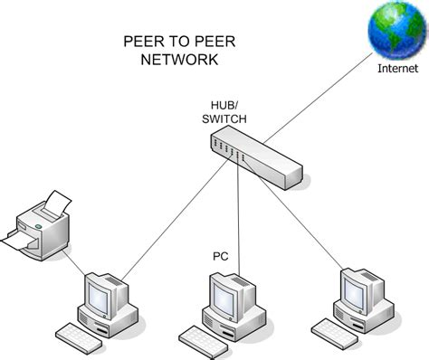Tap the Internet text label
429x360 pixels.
point(397,68)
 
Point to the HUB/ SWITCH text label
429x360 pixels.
point(223,109)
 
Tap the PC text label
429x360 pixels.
point(220,257)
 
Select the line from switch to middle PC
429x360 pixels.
point(238,217)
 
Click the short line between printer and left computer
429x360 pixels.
point(80,264)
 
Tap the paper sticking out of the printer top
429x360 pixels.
point(56,201)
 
